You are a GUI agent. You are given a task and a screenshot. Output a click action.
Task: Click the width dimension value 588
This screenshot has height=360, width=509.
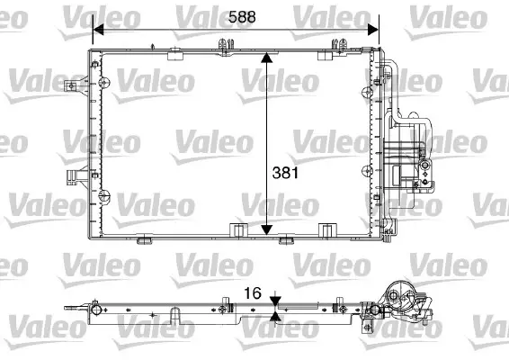(x=239, y=15)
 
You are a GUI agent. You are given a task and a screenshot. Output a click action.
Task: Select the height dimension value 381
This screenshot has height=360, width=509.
(x=283, y=170)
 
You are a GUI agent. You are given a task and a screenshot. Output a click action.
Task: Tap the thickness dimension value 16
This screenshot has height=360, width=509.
(x=254, y=293)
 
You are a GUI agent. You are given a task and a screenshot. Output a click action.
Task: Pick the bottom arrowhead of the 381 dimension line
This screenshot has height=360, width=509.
(x=266, y=229)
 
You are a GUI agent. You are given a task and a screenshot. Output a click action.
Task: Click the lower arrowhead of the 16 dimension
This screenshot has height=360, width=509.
(x=275, y=316)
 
